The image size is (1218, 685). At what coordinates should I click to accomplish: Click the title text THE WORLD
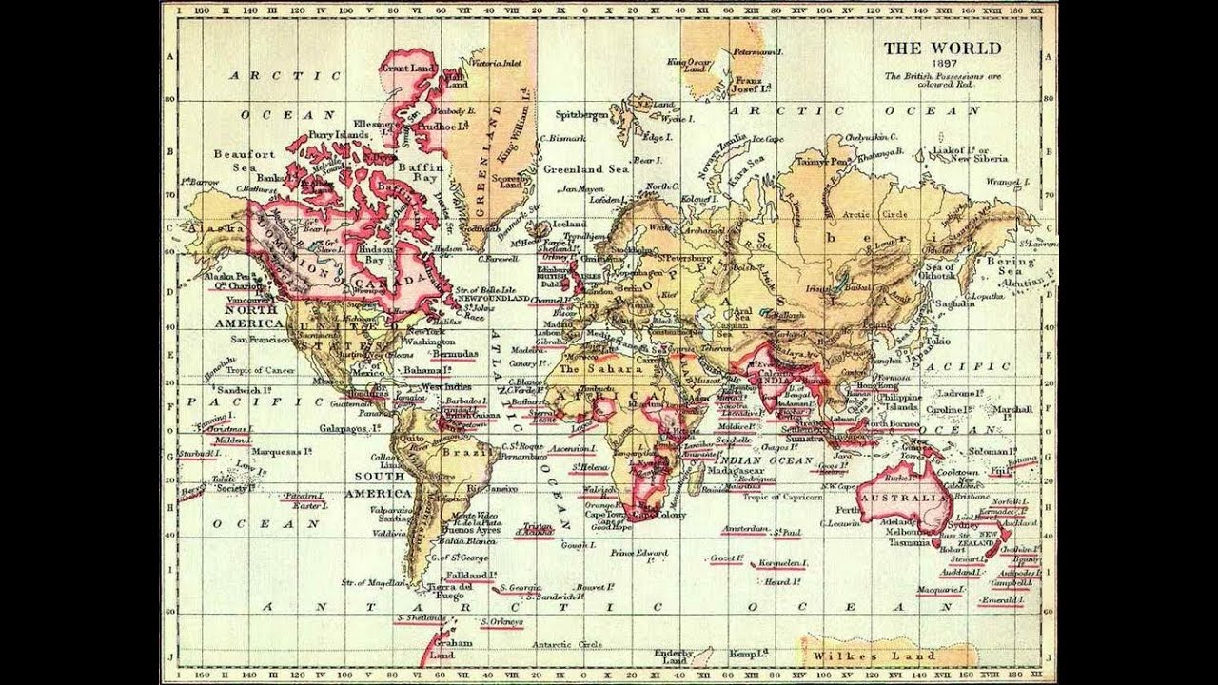tap(942, 49)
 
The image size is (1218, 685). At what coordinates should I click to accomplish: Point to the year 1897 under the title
tap(943, 64)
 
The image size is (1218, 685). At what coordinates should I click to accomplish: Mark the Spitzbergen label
tap(582, 114)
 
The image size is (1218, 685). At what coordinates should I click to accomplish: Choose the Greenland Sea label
tap(586, 168)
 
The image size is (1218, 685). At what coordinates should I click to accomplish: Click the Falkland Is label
tap(471, 576)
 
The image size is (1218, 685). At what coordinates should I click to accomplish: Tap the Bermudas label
tap(453, 353)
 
